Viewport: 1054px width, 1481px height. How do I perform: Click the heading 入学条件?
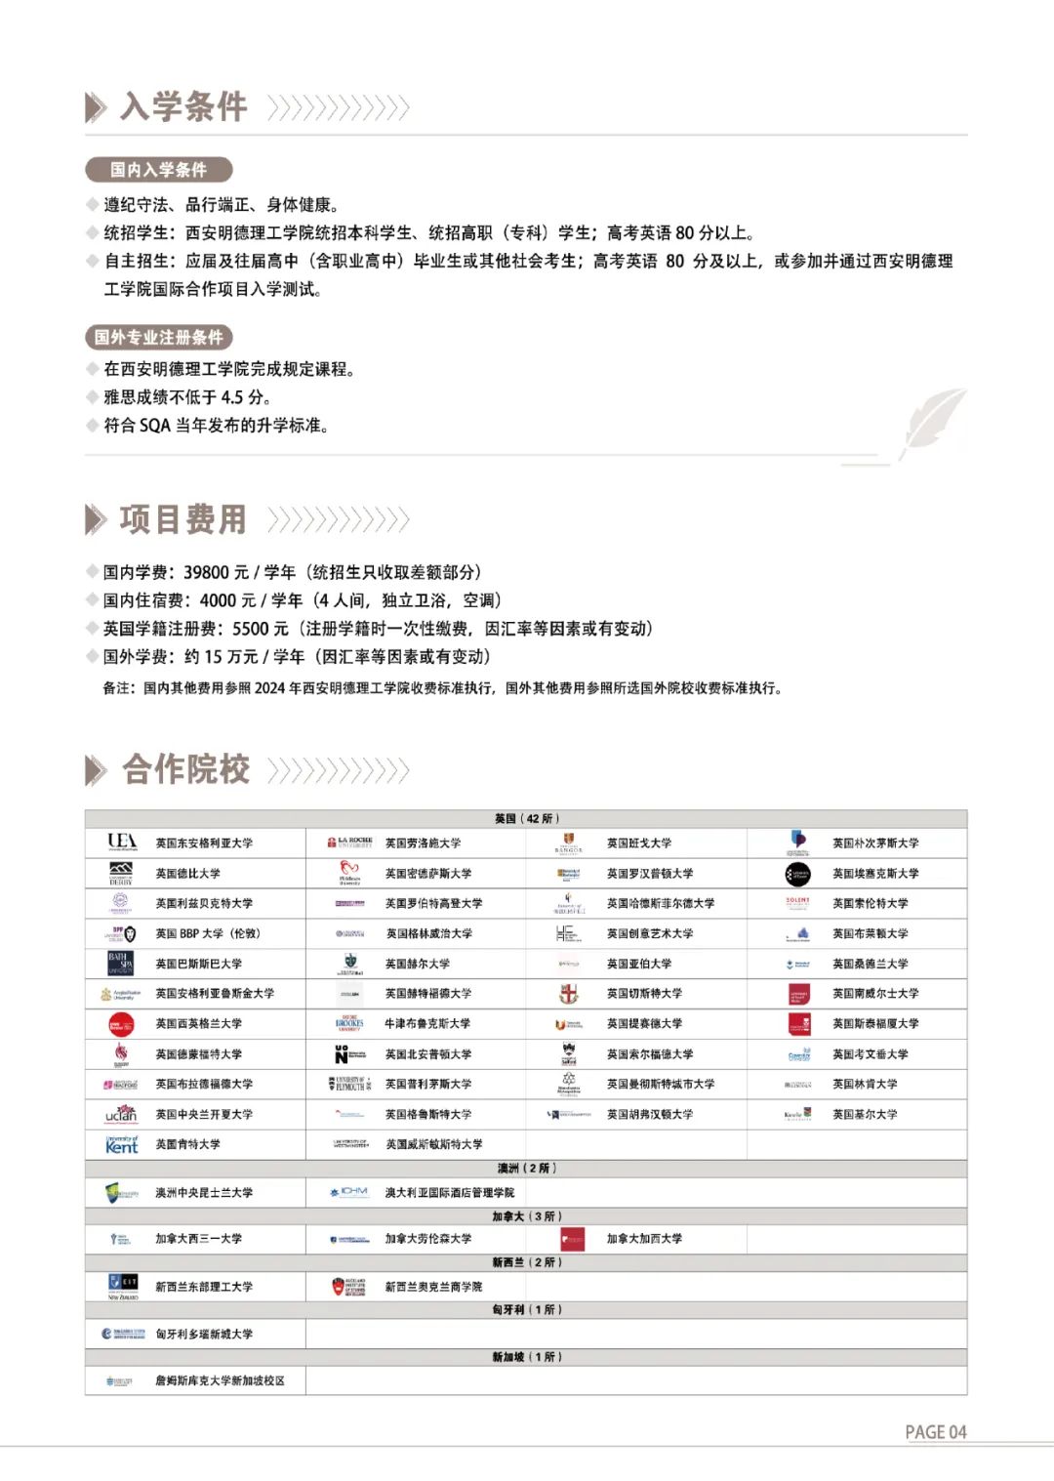click(183, 106)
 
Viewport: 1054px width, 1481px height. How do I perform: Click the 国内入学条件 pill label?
click(158, 170)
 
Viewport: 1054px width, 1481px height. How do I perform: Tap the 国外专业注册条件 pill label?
click(158, 338)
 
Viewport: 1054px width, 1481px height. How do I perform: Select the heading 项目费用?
click(183, 519)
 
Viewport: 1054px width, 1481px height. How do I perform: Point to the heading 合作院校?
click(185, 769)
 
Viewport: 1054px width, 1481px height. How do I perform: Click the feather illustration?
click(932, 423)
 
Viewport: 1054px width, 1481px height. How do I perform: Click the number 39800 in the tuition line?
click(206, 572)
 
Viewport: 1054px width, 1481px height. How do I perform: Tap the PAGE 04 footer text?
click(935, 1432)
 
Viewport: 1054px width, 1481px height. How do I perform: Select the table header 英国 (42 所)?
click(526, 818)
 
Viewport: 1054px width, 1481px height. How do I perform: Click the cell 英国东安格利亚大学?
click(204, 843)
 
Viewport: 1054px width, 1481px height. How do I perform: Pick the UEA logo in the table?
click(122, 842)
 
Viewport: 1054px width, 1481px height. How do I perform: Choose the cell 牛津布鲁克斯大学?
click(427, 1023)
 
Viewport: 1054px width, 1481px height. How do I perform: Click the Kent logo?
click(122, 1144)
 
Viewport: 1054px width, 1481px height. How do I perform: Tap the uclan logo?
click(122, 1114)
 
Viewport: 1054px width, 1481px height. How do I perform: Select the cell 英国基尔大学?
click(865, 1114)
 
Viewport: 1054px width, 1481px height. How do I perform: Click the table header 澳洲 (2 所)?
click(526, 1168)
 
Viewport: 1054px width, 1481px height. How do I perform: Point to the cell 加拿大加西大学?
click(644, 1238)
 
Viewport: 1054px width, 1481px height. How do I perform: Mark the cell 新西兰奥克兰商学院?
click(433, 1287)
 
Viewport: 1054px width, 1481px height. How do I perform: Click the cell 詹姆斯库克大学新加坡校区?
click(220, 1380)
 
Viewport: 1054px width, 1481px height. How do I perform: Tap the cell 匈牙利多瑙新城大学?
click(204, 1334)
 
